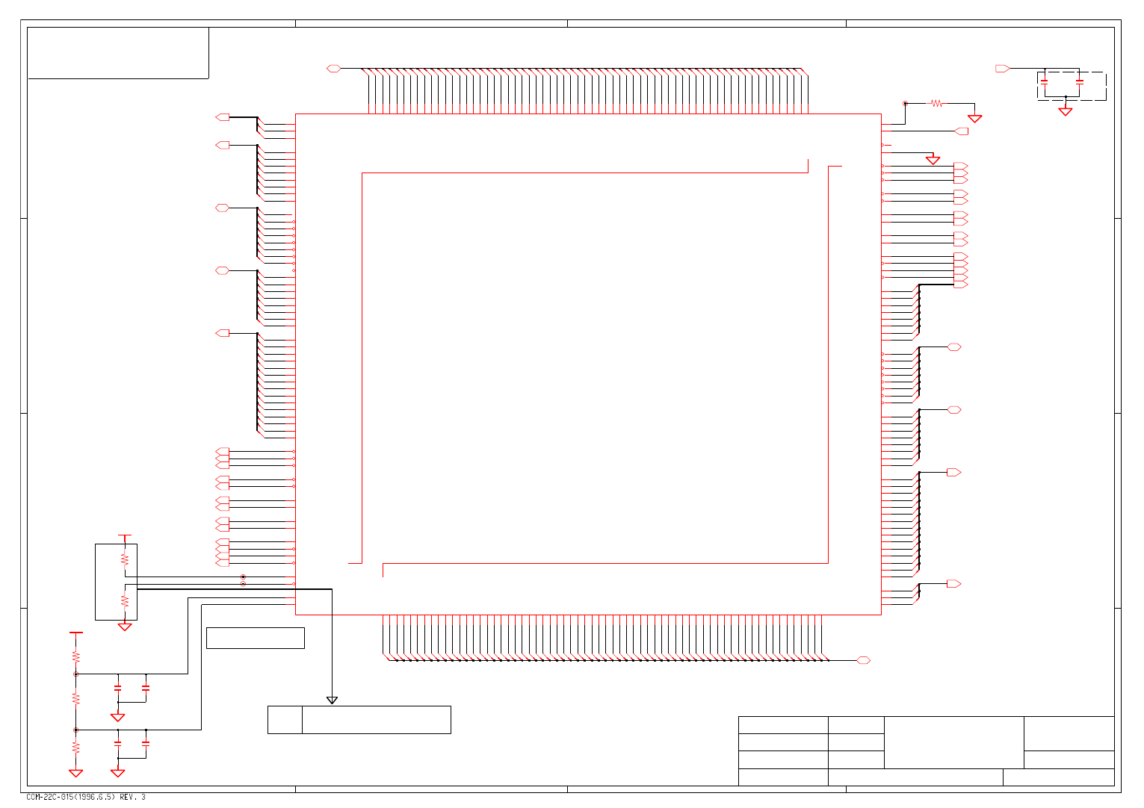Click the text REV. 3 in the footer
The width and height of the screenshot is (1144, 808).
[x=132, y=797]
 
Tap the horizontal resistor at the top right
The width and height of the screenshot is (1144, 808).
[x=936, y=103]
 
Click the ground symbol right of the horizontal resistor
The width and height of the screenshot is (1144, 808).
[x=974, y=118]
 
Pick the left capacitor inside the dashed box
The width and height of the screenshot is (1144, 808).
[x=1045, y=81]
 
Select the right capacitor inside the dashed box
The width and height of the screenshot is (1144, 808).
[x=1079, y=81]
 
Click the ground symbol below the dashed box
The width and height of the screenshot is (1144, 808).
[x=1066, y=111]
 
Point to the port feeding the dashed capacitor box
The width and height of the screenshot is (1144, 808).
[x=1002, y=69]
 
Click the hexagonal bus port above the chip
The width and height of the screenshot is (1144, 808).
[x=333, y=69]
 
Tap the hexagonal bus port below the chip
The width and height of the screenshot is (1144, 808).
[x=863, y=660]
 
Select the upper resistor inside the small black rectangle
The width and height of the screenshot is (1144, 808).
[x=125, y=559]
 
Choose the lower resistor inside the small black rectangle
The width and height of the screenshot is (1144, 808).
[x=125, y=600]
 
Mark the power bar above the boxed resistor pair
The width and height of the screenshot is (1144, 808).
[x=125, y=535]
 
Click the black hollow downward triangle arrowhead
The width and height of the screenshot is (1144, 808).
[x=332, y=700]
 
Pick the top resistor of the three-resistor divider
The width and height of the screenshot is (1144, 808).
[x=75, y=656]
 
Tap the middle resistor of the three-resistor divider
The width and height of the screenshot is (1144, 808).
[x=75, y=698]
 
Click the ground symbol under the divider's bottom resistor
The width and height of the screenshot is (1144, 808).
[x=75, y=773]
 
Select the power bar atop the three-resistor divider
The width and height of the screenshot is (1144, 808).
[x=75, y=633]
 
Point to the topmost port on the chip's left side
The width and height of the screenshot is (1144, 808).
[x=222, y=117]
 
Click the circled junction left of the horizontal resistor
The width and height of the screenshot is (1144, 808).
[x=905, y=103]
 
